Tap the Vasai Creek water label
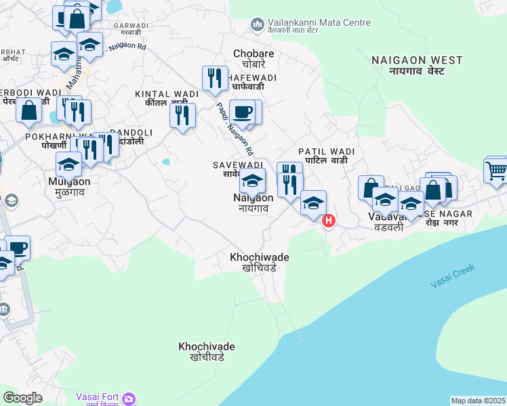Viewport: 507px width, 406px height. tap(453, 276)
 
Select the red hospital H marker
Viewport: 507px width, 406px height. tap(329, 220)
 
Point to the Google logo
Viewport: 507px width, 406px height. tap(22, 398)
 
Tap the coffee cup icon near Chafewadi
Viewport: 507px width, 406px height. tap(241, 112)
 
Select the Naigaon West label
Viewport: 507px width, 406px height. tap(417, 65)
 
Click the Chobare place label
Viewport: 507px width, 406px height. tap(254, 58)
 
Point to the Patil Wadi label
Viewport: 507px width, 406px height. tap(326, 156)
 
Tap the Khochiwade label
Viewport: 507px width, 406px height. tap(260, 262)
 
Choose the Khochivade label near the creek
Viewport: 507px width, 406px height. tap(207, 351)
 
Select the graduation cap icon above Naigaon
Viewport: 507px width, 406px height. tap(252, 181)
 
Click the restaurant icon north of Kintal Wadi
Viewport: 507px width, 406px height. tap(215, 77)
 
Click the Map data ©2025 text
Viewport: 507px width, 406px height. tap(478, 401)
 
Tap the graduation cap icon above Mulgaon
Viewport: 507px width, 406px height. tap(68, 164)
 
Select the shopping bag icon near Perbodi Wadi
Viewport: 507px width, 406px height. tap(29, 110)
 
